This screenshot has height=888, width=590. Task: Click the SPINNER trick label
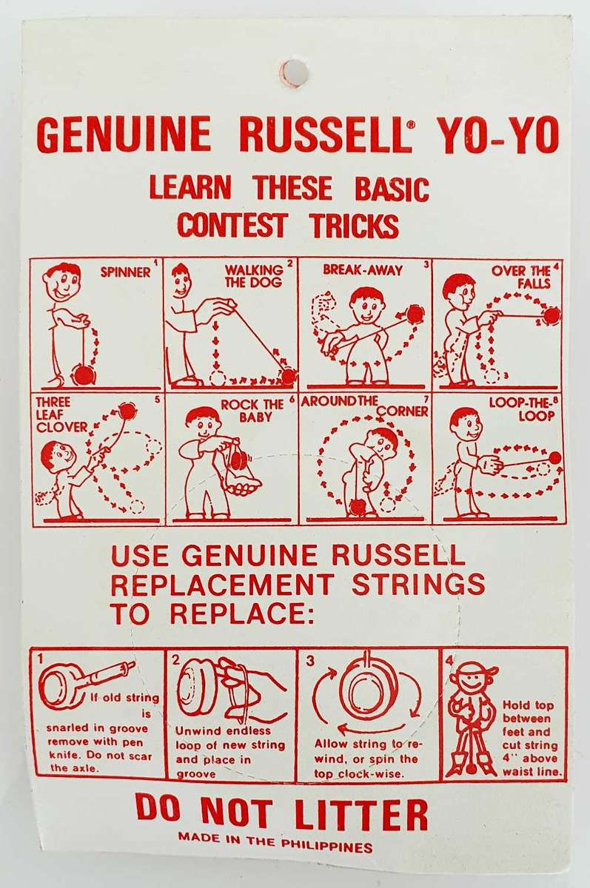[125, 272]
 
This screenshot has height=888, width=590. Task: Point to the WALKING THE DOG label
[253, 276]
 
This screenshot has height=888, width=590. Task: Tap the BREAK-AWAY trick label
[363, 270]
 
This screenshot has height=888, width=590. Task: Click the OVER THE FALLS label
[526, 277]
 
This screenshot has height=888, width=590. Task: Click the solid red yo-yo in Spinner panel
[83, 376]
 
